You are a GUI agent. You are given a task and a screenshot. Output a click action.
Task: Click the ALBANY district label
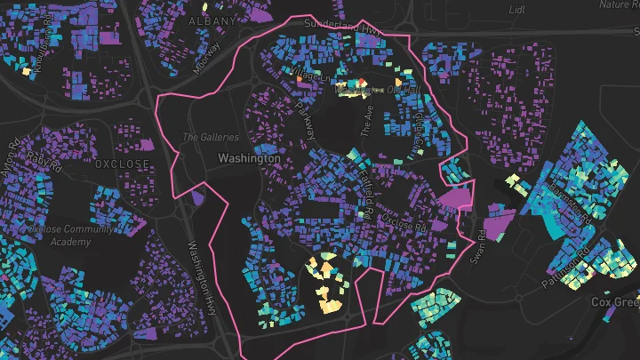213,20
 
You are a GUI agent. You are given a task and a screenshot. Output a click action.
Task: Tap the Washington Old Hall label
379,89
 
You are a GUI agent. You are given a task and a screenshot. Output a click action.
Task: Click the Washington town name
249,158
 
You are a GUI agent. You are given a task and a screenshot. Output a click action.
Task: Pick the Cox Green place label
614,302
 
